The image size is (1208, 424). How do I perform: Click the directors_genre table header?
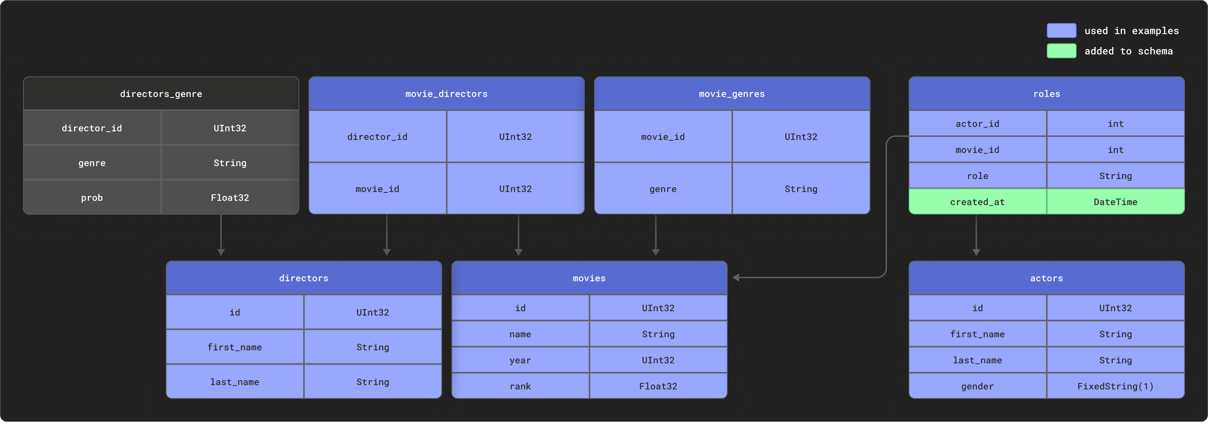161,94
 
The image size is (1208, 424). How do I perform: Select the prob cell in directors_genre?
92,197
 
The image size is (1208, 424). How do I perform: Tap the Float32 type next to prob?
230,197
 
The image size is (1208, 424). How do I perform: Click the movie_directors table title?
446,94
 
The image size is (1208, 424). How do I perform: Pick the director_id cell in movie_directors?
378,137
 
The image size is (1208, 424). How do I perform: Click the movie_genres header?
731,94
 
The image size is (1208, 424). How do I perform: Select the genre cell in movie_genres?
663,189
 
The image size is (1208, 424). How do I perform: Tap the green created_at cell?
977,202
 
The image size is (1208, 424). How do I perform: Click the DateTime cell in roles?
1115,202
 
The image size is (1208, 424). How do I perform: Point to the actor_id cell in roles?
977,124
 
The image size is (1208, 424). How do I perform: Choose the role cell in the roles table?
977,176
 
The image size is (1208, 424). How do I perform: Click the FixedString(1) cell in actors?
1115,386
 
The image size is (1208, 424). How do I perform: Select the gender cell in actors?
977,386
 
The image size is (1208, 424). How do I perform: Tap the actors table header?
1046,278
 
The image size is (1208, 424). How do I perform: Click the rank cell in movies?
520,386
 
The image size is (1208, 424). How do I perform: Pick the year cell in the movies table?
520,360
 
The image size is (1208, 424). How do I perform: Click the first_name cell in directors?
234,347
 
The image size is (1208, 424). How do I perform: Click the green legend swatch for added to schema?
1061,51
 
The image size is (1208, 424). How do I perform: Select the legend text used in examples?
1131,31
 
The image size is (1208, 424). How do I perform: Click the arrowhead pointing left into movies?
736,278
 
